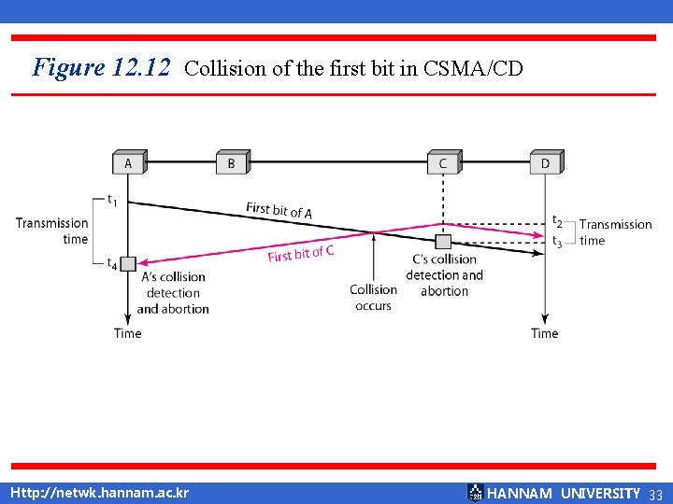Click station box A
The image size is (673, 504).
click(x=128, y=162)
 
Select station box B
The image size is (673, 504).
click(x=231, y=162)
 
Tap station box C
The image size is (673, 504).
click(x=442, y=162)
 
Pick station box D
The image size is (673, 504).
click(x=545, y=162)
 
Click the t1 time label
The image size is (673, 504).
click(x=112, y=199)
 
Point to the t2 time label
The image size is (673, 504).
click(x=558, y=222)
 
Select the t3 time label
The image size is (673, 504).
click(x=558, y=241)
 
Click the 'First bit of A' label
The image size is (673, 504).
click(x=279, y=210)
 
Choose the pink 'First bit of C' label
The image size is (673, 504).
click(x=301, y=252)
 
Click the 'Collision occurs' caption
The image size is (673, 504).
click(x=373, y=298)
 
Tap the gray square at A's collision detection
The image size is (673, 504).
click(x=128, y=264)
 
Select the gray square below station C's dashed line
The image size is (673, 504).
click(x=443, y=243)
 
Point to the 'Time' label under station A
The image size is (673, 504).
click(x=128, y=333)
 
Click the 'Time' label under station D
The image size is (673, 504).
click(x=545, y=333)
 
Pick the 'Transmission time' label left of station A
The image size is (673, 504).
click(x=52, y=231)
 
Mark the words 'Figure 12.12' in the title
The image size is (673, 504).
click(x=101, y=67)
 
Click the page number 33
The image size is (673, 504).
click(x=654, y=494)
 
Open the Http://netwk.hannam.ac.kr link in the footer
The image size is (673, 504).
click(x=98, y=493)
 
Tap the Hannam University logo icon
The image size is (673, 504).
click(x=475, y=493)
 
